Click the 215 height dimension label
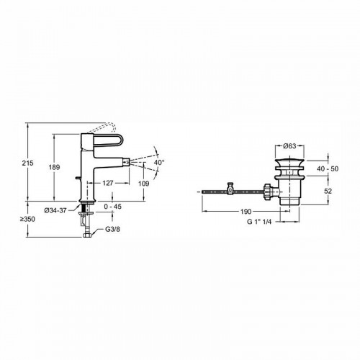point(27,163)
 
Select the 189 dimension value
point(54,167)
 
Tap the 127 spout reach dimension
point(108,183)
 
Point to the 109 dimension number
point(144,184)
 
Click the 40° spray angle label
point(159,162)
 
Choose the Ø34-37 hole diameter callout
point(55,210)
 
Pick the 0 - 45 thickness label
point(113,207)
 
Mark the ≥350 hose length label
point(27,219)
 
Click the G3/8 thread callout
point(112,229)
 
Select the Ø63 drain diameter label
point(289,146)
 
